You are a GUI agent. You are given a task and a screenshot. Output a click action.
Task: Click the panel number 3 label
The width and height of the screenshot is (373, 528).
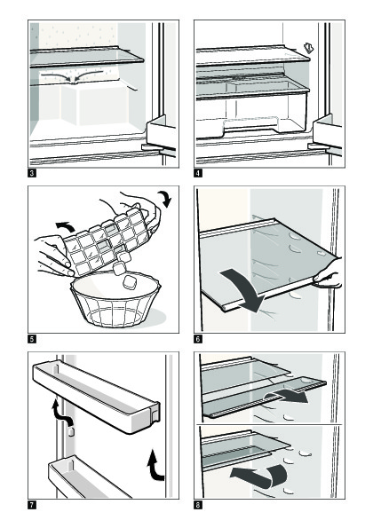coord(32,173)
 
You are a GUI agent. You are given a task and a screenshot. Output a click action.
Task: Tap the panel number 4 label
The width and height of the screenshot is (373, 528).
coord(198,173)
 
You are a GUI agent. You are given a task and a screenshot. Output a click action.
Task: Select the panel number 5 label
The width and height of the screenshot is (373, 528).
coord(32,339)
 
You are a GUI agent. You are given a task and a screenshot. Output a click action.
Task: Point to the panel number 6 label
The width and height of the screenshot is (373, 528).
coord(198,339)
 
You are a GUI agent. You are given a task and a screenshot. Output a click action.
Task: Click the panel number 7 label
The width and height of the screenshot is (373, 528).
coord(32,505)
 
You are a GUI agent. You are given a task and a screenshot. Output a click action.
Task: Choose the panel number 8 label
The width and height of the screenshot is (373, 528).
coord(198,505)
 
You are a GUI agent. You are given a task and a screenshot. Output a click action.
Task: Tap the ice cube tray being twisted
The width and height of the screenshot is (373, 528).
coord(107,240)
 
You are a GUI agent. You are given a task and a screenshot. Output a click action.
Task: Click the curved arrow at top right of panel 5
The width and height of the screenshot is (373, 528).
coord(165,199)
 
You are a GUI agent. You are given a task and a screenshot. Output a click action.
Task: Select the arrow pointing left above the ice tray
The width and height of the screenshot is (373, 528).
coord(65,226)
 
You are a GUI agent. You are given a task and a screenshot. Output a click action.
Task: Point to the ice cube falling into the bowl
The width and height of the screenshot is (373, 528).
coord(129,282)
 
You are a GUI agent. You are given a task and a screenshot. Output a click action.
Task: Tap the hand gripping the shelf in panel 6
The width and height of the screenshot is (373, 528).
coord(328,273)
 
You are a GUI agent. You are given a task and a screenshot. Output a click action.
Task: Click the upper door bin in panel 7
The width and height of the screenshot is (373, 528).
coord(96,396)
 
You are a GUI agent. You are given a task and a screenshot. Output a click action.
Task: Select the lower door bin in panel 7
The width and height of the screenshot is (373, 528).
coord(88,478)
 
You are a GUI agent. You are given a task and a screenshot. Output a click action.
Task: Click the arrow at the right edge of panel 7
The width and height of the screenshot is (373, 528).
coord(155,465)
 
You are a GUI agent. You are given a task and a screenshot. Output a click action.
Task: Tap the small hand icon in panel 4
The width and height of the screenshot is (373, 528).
coord(308,48)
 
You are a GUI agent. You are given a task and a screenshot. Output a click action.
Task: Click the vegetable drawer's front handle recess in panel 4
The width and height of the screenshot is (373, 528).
coord(251,125)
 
